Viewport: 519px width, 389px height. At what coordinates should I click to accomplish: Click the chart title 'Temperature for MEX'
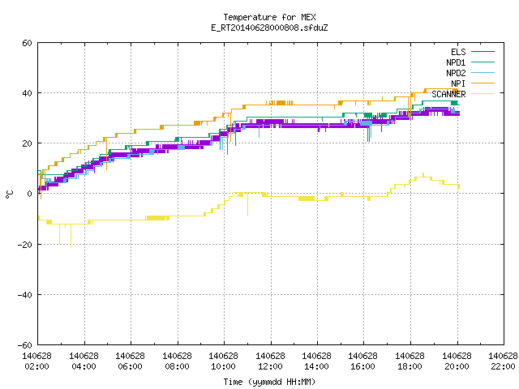point(269,17)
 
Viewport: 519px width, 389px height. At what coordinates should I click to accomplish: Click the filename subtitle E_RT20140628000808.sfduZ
point(269,28)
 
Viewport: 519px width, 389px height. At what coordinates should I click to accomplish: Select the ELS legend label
point(458,52)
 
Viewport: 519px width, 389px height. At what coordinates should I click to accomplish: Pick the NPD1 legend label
point(456,62)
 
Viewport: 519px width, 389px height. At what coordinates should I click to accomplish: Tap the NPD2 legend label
point(456,73)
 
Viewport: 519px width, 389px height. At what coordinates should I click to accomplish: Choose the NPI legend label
point(458,83)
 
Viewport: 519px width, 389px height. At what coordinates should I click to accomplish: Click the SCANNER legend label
point(448,94)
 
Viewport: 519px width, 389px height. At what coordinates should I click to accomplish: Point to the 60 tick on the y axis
point(27,43)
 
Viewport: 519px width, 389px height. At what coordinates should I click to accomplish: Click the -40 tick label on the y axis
point(25,295)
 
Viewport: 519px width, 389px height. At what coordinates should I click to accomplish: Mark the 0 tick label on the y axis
point(30,194)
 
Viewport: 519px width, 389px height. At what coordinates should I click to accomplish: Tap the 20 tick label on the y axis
point(27,143)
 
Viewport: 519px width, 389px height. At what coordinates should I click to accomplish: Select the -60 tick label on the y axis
point(25,345)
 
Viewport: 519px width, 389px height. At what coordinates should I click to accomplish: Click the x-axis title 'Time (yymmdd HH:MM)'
point(269,382)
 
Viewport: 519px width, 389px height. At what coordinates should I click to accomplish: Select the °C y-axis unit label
point(10,194)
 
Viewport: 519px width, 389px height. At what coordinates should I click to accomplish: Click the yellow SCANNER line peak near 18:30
point(423,173)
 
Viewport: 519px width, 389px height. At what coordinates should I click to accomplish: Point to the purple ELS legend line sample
point(483,52)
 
